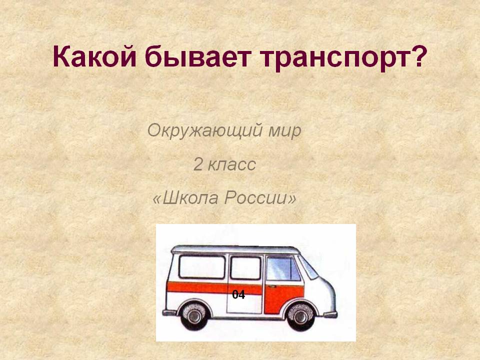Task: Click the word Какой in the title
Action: click(94, 56)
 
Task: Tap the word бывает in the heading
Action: click(198, 56)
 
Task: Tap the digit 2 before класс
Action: click(198, 164)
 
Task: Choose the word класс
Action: click(231, 165)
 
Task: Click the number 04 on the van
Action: click(238, 294)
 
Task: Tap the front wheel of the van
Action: click(300, 316)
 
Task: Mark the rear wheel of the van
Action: click(194, 315)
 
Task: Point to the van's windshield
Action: click(308, 266)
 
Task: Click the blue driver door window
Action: click(283, 268)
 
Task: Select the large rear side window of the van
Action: click(202, 266)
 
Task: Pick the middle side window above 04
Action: click(245, 268)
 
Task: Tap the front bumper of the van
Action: click(330, 314)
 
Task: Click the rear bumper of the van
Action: click(169, 312)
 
